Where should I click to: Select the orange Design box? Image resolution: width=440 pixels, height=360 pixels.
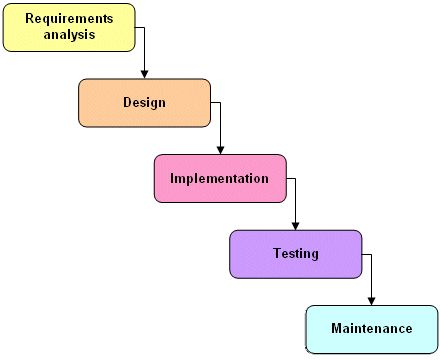144,102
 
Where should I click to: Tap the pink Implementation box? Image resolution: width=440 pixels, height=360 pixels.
220,178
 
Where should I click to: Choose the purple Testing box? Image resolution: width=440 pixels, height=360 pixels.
295,254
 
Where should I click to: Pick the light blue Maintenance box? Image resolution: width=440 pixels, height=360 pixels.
371,329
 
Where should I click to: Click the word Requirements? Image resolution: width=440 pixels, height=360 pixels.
69,19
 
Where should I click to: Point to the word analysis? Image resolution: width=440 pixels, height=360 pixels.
69,35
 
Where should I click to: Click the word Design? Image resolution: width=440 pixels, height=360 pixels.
144,102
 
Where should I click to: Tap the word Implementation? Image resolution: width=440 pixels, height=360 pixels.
220,178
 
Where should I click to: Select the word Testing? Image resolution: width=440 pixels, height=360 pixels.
296,254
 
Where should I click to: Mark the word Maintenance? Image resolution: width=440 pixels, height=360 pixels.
371,328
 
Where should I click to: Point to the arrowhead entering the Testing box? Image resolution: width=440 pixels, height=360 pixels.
296,225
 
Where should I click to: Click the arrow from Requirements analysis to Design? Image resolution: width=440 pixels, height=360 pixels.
145,50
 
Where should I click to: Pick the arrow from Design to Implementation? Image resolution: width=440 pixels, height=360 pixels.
220,125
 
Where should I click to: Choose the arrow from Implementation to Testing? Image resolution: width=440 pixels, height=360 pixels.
296,200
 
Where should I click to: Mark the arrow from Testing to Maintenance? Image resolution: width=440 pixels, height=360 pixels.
372,275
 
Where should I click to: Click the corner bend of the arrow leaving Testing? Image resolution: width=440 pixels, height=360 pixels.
372,254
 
